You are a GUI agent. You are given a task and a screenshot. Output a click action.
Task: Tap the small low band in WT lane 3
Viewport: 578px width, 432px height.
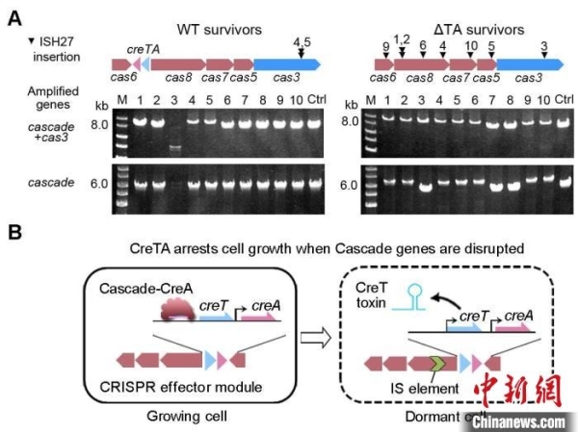175,148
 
